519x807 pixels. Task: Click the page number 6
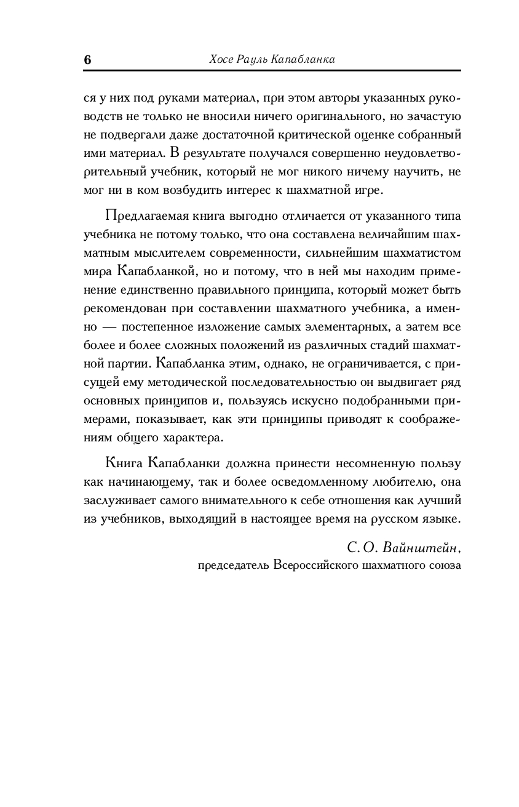click(87, 60)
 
